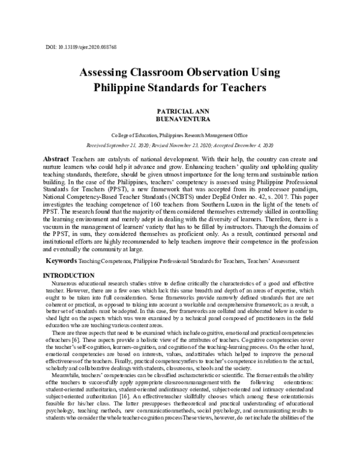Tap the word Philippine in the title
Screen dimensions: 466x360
coord(122,88)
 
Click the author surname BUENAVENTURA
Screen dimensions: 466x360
coord(180,120)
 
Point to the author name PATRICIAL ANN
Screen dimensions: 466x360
coord(180,112)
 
